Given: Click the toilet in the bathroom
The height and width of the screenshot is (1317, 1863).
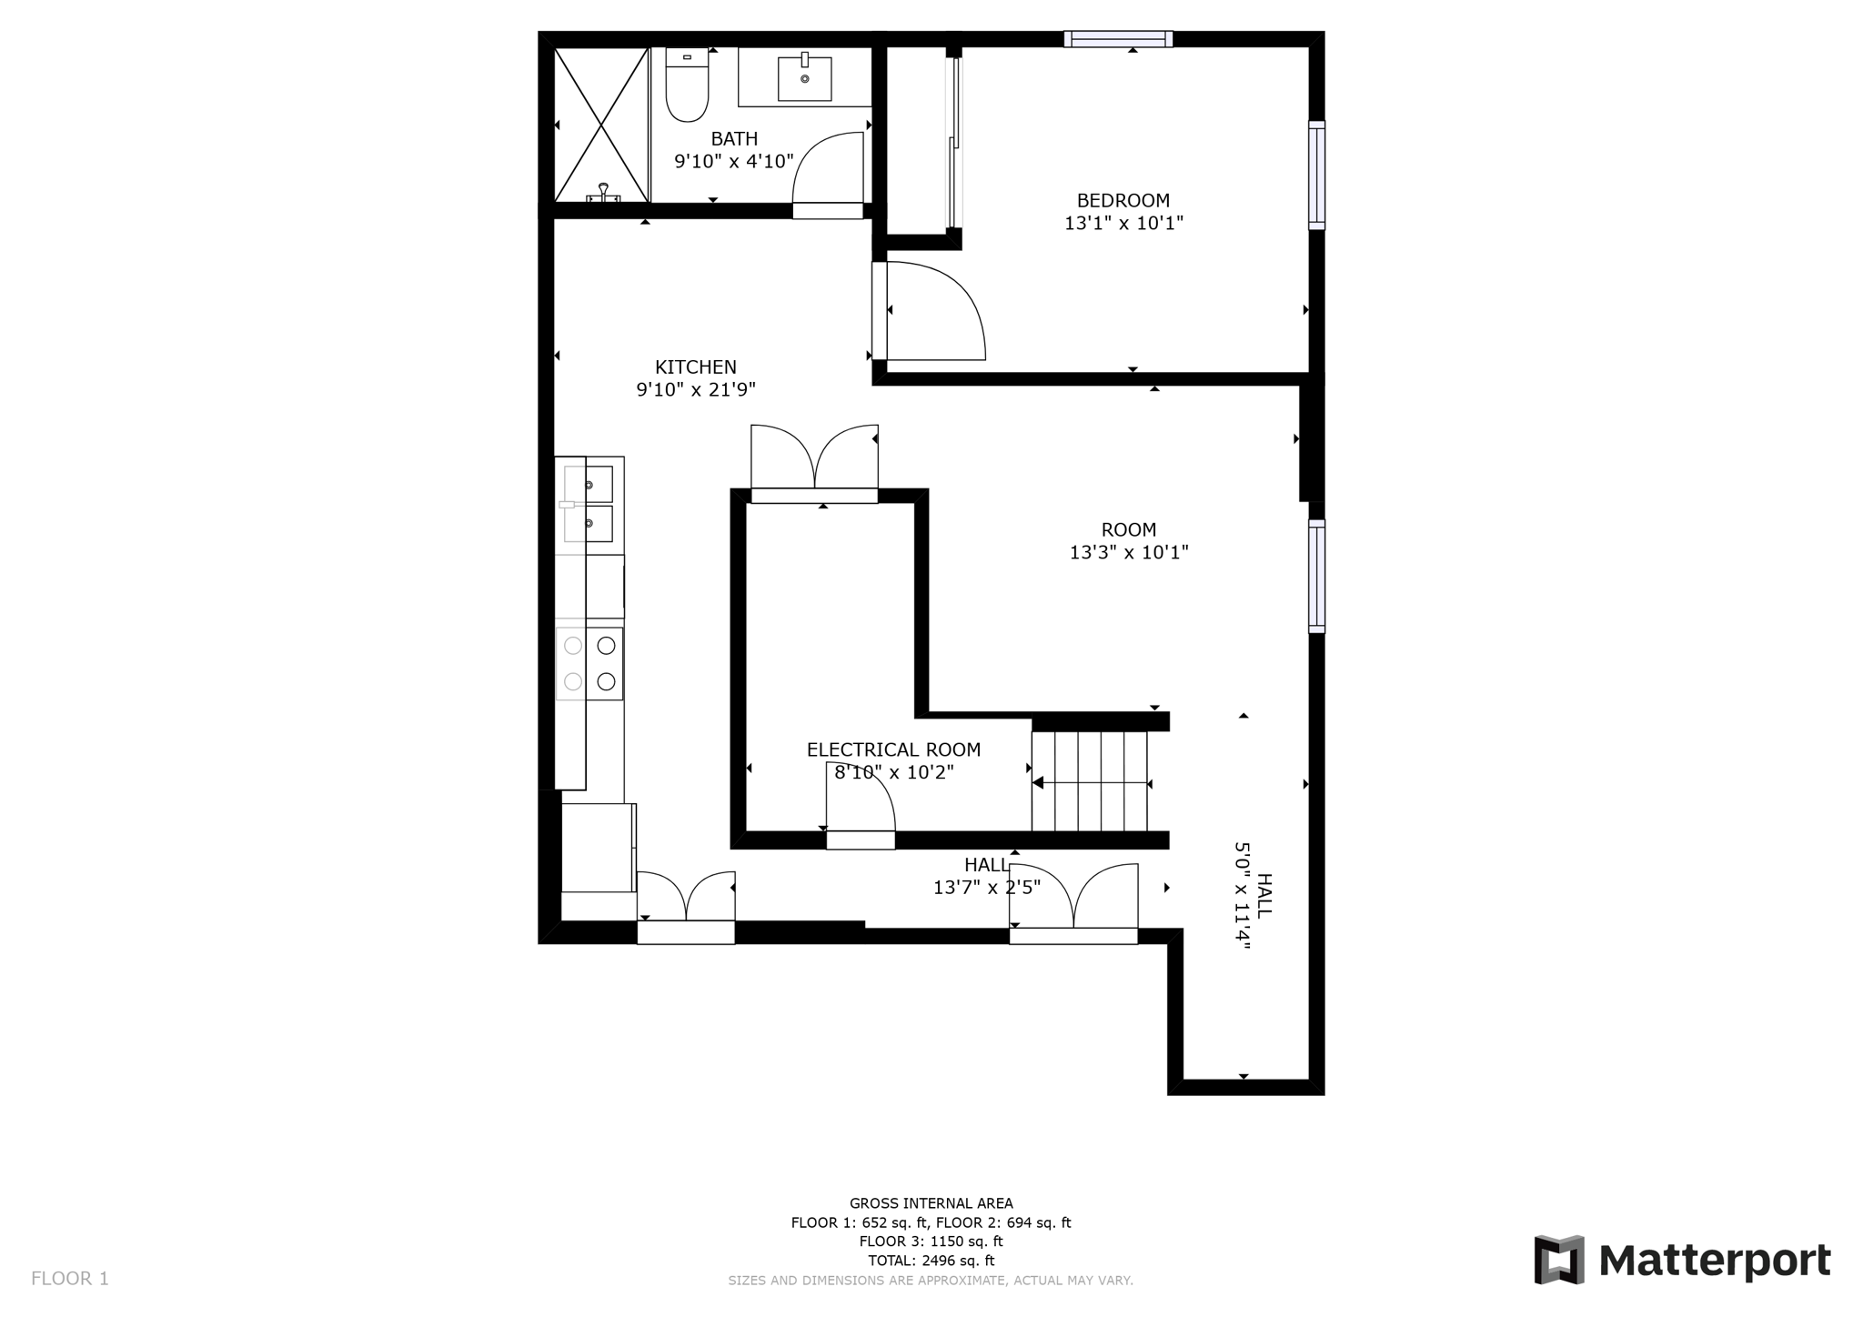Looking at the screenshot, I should [687, 87].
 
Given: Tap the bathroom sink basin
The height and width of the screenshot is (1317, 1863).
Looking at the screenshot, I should [804, 78].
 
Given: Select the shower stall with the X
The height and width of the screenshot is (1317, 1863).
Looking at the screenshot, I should [601, 125].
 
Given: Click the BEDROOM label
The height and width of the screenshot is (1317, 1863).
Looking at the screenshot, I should [1123, 200].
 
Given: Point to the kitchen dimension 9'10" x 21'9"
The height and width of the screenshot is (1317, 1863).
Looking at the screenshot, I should [696, 390].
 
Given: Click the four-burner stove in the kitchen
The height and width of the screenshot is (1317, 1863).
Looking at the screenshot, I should [589, 663].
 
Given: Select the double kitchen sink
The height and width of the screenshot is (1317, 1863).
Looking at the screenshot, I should [588, 504].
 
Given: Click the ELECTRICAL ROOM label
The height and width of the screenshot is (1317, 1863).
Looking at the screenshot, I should [893, 749].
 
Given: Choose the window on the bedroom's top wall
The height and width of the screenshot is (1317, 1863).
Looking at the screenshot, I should [1118, 39].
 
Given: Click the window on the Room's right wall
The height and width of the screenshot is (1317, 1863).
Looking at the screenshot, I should [1316, 576].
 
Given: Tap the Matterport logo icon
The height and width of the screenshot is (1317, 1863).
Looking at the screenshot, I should [1559, 1260].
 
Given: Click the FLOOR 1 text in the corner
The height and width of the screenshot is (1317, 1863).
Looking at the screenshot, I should [70, 1279].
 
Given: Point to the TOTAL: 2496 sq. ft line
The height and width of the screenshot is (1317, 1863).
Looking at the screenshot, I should [931, 1261].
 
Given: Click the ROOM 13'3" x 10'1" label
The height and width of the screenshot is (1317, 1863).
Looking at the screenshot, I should [1129, 541].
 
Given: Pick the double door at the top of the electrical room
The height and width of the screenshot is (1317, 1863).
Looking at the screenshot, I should [814, 462].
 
